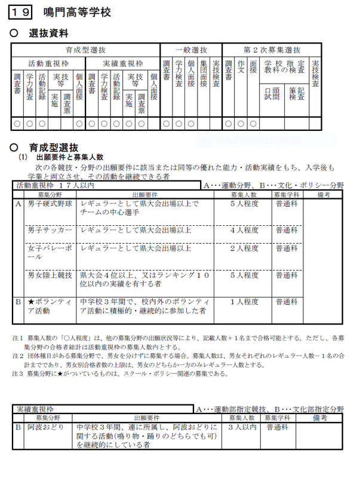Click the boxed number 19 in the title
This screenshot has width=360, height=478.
click(x=23, y=12)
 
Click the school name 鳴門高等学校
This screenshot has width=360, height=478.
click(x=78, y=12)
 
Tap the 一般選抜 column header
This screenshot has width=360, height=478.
click(x=191, y=50)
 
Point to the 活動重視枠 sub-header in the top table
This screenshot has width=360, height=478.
click(x=48, y=63)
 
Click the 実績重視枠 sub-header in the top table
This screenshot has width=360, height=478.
click(x=122, y=63)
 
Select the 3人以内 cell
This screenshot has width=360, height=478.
click(x=242, y=427)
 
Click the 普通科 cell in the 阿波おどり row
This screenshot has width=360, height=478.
click(x=278, y=427)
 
